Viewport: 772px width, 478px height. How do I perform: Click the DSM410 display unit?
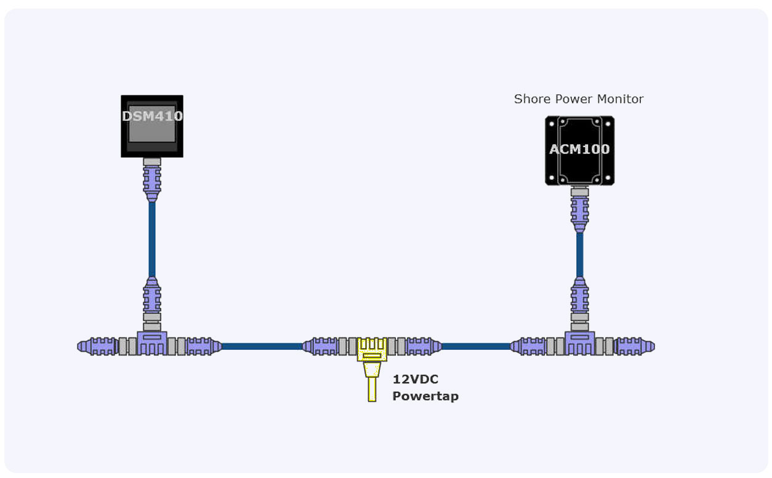pos(152,126)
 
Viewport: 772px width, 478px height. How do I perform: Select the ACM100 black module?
pos(579,150)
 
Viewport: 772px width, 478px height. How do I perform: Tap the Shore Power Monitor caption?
pos(579,99)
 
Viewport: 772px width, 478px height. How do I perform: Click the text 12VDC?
pos(415,379)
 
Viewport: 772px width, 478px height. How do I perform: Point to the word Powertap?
pos(425,396)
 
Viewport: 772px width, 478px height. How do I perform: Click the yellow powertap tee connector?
pos(372,349)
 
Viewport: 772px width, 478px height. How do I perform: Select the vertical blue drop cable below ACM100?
pos(579,254)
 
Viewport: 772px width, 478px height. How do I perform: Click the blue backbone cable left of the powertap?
pos(262,346)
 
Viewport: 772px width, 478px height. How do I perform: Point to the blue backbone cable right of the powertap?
pos(475,346)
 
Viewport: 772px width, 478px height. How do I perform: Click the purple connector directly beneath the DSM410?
pos(152,182)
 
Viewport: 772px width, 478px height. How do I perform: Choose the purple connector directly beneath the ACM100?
pos(579,213)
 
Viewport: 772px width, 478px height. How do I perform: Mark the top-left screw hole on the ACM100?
pos(552,123)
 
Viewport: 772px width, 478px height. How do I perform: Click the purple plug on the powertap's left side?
pos(320,346)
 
